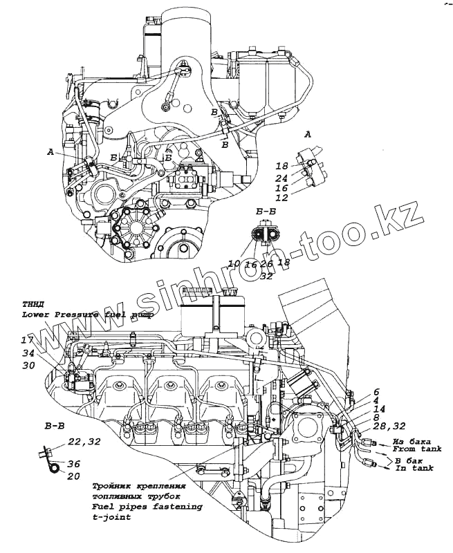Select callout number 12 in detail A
281,198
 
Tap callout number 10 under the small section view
233,263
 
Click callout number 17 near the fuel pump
27,340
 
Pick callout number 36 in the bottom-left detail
74,465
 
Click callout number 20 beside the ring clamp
74,476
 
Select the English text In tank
414,469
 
